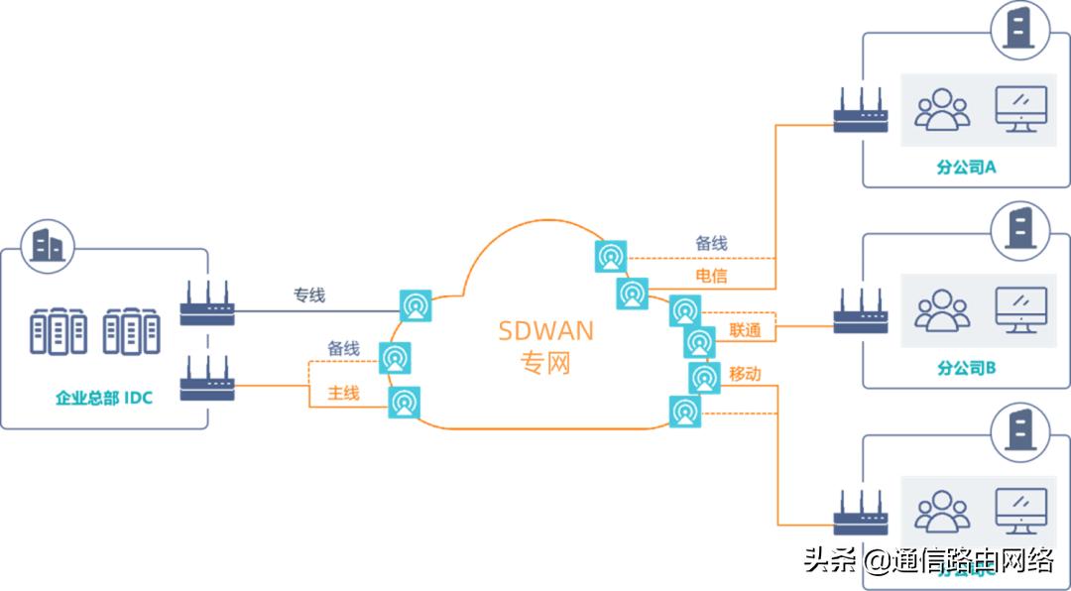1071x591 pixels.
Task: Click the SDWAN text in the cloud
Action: point(545,330)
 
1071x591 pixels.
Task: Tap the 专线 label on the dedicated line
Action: point(308,295)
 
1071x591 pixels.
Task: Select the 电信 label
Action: point(711,276)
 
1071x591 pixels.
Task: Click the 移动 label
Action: point(745,374)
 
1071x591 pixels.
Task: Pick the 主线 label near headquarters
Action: point(343,394)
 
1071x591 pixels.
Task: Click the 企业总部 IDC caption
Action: point(103,399)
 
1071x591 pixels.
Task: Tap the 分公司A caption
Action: point(966,167)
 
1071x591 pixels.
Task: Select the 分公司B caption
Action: point(966,368)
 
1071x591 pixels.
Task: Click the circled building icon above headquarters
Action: point(47,244)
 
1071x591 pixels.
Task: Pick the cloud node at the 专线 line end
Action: point(416,305)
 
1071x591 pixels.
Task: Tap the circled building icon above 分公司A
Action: point(1017,28)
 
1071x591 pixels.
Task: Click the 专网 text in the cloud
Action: point(545,363)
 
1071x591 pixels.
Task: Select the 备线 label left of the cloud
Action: point(343,349)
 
